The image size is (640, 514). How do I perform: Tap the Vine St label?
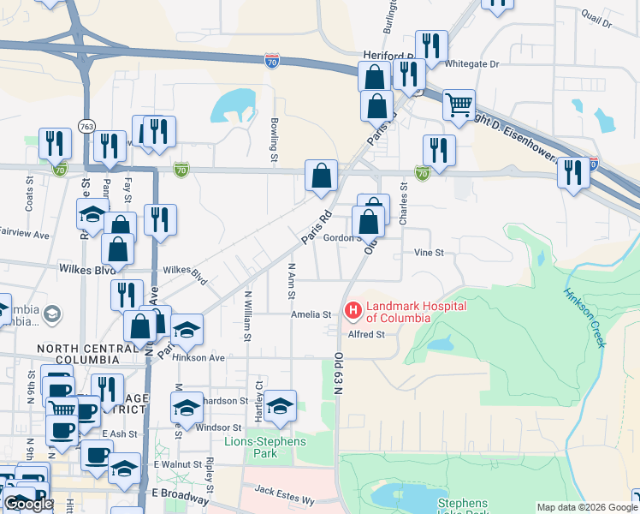429,253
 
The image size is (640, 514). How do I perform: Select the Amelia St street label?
311,314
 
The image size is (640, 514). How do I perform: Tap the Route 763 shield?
86,125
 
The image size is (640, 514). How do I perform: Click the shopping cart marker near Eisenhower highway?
459,104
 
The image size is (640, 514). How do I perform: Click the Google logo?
28,504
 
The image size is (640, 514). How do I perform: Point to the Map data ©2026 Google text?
586,507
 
